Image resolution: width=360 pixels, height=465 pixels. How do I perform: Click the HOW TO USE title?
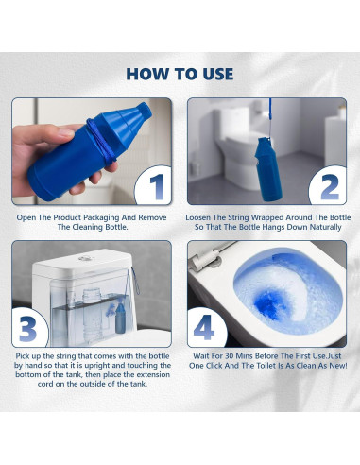point(180,73)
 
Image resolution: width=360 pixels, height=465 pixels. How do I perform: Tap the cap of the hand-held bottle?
point(123,117)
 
